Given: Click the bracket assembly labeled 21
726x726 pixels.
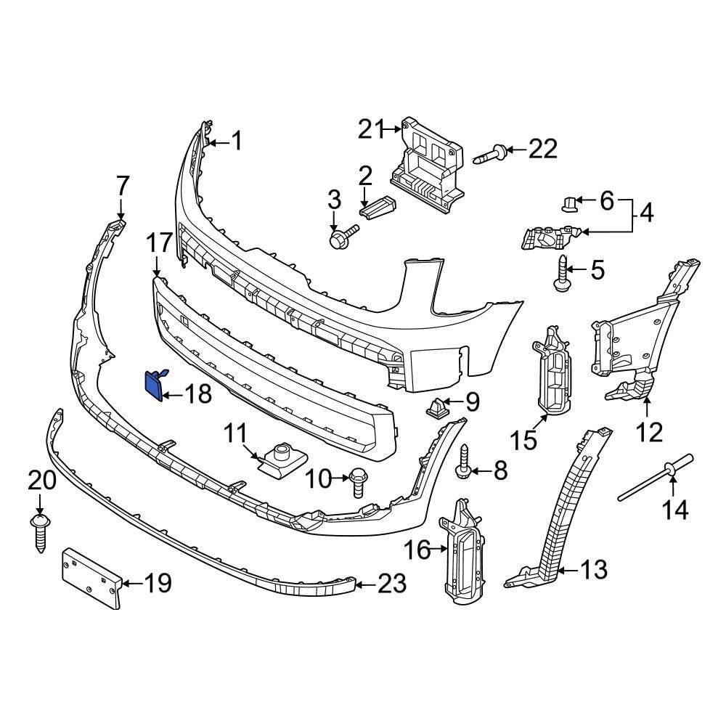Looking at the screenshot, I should click(x=428, y=163).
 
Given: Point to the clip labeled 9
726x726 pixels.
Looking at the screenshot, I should click(x=437, y=410).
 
